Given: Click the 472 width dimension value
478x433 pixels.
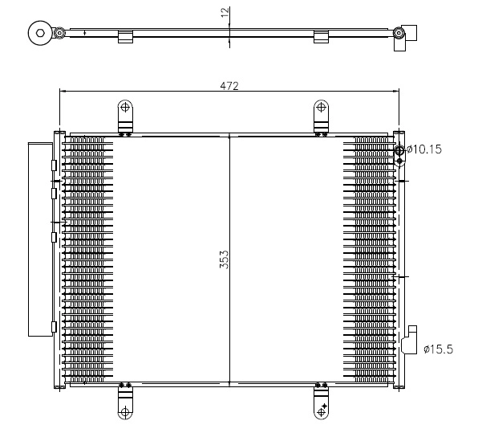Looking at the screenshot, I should click(x=229, y=85).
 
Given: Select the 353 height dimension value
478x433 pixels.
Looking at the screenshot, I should click(x=225, y=259).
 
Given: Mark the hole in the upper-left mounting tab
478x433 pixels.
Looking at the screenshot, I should click(x=125, y=108).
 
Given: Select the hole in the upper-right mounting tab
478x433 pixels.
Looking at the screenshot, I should click(x=321, y=108).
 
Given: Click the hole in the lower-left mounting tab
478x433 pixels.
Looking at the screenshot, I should click(x=125, y=411).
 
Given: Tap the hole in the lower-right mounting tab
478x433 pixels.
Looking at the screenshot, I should click(x=321, y=411).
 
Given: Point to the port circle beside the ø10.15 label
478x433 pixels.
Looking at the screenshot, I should click(x=399, y=149).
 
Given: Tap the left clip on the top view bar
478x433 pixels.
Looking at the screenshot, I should click(x=124, y=36).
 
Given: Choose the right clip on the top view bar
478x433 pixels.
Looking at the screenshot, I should click(x=321, y=36).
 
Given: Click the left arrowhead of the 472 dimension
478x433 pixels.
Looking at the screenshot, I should click(x=63, y=92).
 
